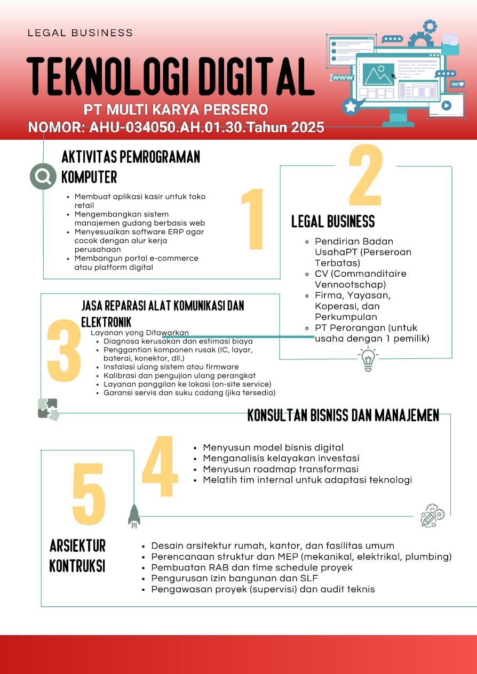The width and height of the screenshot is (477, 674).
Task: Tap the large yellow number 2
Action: (365, 176)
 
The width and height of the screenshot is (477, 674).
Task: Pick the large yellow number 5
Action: (89, 494)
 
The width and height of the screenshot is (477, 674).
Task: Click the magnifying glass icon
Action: (43, 176)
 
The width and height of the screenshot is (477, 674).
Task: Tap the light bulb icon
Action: (368, 358)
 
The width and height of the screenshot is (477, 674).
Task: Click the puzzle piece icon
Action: (48, 409)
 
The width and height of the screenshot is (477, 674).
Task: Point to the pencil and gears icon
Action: (432, 515)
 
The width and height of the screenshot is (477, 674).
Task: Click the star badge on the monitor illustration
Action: (351, 107)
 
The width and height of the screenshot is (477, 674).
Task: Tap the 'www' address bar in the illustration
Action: (343, 78)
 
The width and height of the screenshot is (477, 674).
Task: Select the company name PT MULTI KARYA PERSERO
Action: (176, 110)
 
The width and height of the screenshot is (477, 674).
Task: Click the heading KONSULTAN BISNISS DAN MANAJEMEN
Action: (343, 415)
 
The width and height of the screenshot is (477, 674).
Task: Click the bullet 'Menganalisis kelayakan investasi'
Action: (281, 458)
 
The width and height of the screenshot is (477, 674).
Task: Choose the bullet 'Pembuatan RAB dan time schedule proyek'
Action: (252, 567)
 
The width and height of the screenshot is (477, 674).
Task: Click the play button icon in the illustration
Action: (446, 106)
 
